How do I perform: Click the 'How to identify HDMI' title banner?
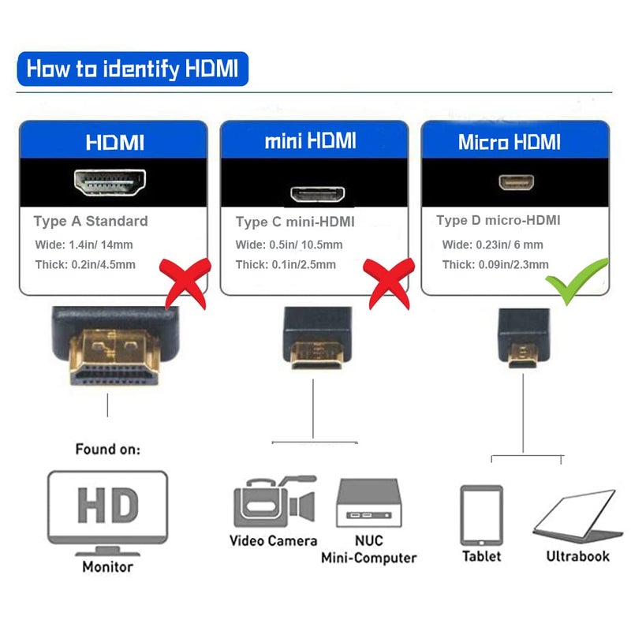click(132, 69)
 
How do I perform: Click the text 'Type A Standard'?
click(91, 222)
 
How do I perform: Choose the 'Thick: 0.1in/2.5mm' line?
click(286, 265)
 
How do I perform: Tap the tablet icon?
click(481, 514)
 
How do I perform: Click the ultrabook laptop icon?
click(573, 517)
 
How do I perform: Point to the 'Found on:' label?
click(108, 450)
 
